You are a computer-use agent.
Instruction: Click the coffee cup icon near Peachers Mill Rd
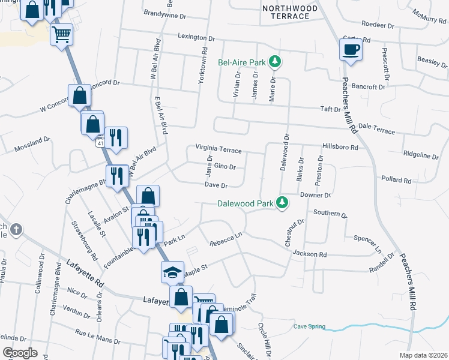click(351, 50)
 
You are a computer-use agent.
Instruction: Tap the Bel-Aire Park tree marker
click(275, 61)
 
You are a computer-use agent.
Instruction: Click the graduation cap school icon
click(172, 272)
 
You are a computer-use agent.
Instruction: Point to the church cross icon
click(16, 229)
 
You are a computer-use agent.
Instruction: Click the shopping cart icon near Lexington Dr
click(61, 35)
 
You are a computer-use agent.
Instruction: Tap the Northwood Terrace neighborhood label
click(286, 11)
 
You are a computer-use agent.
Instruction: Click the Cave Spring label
click(309, 326)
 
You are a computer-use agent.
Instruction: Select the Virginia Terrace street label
click(218, 148)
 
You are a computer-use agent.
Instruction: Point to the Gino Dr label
click(224, 167)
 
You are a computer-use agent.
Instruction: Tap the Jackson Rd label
click(310, 254)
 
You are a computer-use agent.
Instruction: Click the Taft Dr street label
click(330, 109)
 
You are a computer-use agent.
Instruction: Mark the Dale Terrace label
click(376, 129)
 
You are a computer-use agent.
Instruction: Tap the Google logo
click(20, 353)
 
